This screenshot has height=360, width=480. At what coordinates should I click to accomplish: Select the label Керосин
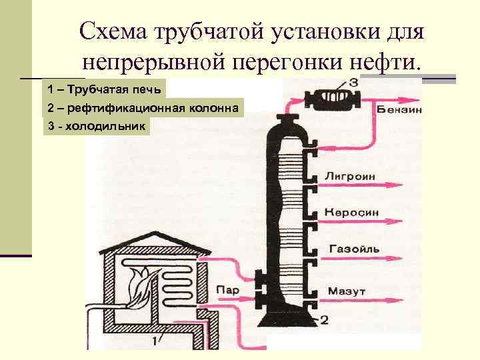(351, 213)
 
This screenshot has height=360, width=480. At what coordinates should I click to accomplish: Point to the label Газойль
(353, 249)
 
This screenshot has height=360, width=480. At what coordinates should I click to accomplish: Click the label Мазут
(346, 291)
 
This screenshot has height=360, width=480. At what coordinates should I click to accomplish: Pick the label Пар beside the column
(227, 289)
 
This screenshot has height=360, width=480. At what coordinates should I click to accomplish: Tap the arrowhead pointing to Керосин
(398, 219)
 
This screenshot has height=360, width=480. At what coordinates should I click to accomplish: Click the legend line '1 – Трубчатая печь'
(104, 89)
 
